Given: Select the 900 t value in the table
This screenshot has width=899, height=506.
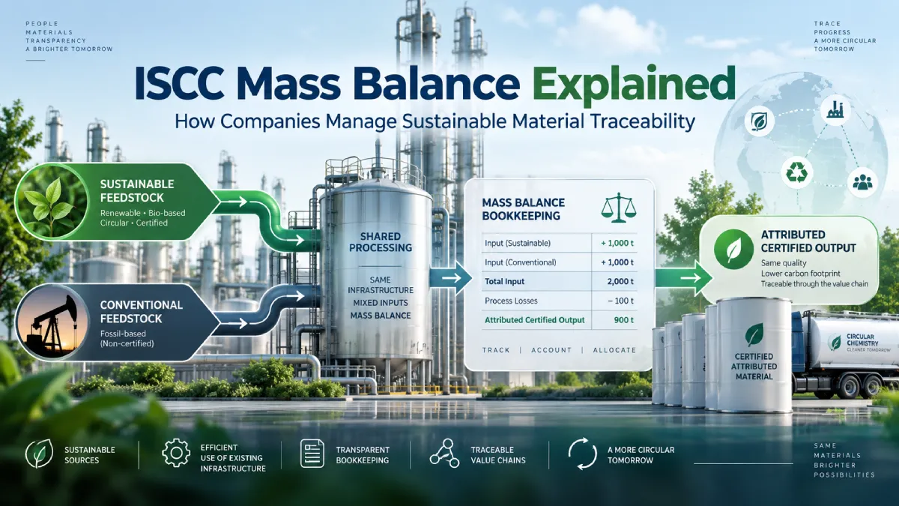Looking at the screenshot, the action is point(623,320).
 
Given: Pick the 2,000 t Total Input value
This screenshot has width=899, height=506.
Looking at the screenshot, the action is point(620,282).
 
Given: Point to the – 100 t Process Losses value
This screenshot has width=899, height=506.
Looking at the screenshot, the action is point(621,301).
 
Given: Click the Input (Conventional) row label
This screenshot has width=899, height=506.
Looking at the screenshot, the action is point(521,262).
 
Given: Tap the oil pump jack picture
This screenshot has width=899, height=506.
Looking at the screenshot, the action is point(52,322).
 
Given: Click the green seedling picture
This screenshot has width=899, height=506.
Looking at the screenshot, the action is point(52,202).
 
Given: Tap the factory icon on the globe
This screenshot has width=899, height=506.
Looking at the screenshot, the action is point(835,109).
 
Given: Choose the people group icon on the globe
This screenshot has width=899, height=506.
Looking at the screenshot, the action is point(862,183).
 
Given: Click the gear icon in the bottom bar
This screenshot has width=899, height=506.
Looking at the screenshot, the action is point(176,454).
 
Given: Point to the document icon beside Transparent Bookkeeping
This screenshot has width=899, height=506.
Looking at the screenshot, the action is point(312,454).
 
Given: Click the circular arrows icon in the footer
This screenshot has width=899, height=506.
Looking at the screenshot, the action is point(582,454).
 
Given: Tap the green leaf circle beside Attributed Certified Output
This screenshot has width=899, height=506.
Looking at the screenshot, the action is point(733,250).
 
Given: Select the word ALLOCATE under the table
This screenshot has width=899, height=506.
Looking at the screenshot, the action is point(614,350).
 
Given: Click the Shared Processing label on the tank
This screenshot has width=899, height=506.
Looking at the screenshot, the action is point(381,242).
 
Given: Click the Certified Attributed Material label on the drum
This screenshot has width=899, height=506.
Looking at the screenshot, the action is point(754,367).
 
